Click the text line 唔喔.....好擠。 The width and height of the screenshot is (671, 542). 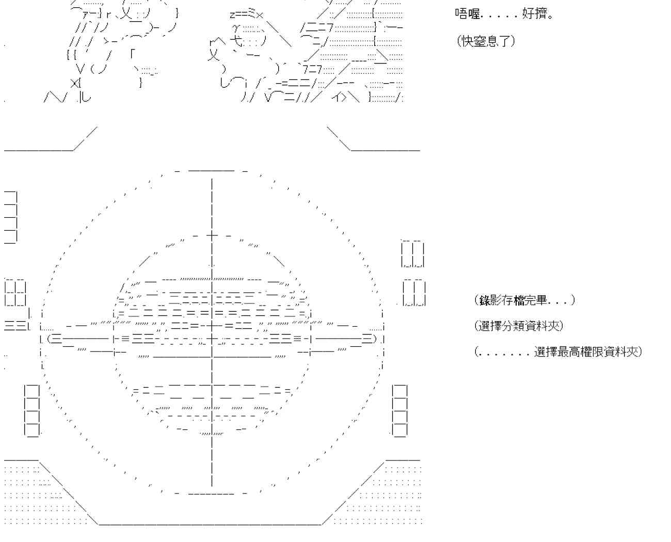(504, 14)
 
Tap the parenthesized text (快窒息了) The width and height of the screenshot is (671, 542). (486, 41)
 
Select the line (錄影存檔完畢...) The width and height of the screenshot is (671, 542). (524, 300)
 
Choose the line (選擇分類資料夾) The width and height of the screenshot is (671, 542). (519, 326)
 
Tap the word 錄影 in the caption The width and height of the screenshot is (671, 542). (491, 300)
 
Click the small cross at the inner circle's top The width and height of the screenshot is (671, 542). (212, 235)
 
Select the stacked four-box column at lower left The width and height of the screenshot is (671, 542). (32, 411)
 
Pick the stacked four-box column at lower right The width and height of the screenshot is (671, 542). (400, 411)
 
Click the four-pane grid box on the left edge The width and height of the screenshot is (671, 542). (15, 293)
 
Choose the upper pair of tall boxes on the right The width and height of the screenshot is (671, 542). (413, 253)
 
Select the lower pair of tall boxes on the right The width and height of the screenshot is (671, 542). (414, 293)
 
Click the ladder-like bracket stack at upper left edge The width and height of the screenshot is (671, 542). (10, 217)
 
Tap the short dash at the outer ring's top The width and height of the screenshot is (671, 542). (212, 171)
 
